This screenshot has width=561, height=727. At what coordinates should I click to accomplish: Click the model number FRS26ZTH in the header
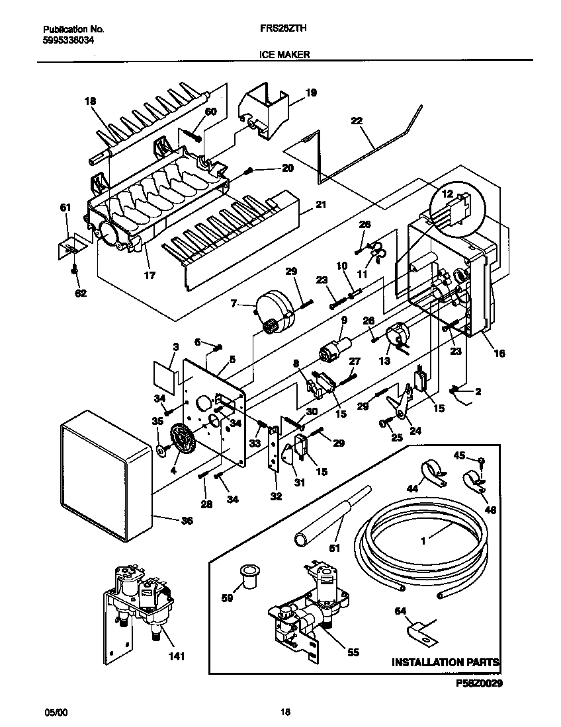(276, 29)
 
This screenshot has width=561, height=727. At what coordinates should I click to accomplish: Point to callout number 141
(176, 656)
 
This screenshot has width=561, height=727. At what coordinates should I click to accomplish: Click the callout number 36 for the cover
(187, 520)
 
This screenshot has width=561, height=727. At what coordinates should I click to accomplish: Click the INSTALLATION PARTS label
(445, 662)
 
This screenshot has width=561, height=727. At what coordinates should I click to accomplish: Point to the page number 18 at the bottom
(284, 712)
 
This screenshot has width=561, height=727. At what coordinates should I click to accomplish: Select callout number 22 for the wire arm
(357, 121)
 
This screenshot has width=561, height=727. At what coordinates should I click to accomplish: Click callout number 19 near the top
(311, 93)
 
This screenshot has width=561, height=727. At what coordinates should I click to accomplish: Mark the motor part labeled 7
(274, 312)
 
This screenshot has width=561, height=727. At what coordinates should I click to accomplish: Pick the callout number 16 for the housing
(499, 354)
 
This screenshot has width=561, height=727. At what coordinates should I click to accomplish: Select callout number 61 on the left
(65, 208)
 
